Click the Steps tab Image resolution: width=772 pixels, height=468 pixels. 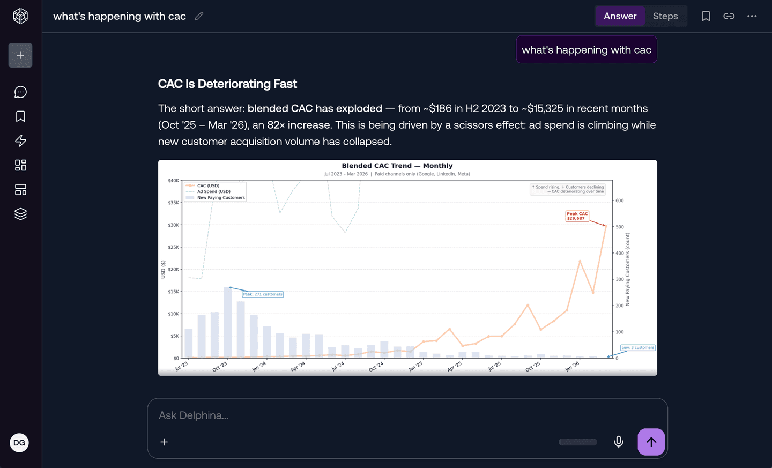click(665, 16)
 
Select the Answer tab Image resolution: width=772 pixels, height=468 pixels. click(620, 16)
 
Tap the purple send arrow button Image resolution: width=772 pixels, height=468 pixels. click(651, 442)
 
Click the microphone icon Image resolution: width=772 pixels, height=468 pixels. click(619, 442)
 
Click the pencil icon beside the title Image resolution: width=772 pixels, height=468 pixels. click(199, 16)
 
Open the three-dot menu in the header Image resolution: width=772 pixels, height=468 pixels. click(752, 16)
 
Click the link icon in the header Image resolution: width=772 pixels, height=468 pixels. click(729, 16)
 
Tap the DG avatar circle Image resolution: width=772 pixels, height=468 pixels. click(19, 443)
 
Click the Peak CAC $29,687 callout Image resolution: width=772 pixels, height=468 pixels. click(577, 216)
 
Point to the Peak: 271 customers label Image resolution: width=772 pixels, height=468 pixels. click(263, 294)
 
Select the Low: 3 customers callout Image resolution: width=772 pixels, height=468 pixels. click(637, 347)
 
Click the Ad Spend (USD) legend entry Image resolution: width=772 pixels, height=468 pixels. click(213, 191)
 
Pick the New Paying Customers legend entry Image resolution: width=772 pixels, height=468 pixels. click(220, 198)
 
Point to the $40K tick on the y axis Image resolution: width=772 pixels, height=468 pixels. click(173, 181)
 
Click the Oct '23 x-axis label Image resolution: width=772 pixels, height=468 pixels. click(220, 367)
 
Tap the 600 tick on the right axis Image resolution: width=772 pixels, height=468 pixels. click(620, 200)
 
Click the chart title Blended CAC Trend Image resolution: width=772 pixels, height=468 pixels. click(397, 166)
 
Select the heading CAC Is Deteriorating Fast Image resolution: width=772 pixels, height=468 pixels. click(227, 84)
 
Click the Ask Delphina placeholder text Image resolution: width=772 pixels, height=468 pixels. click(193, 415)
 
